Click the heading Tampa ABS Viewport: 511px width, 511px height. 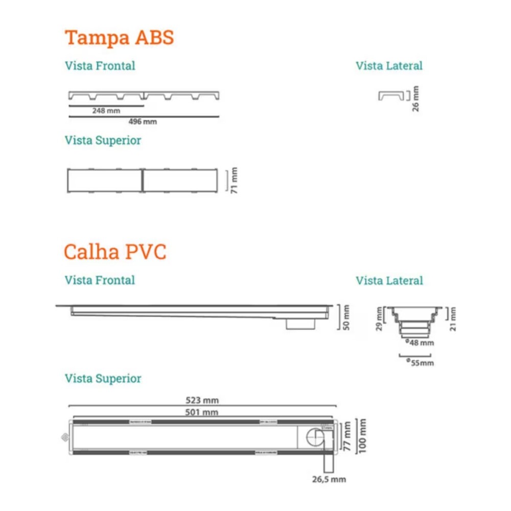pyautogui.click(x=119, y=38)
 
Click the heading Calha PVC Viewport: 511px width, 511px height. pyautogui.click(x=115, y=252)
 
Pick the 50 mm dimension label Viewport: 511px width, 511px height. pyautogui.click(x=347, y=317)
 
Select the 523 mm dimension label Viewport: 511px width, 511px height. pyautogui.click(x=202, y=401)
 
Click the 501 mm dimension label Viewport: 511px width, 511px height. pyautogui.click(x=202, y=412)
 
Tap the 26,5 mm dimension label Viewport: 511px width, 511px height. pyautogui.click(x=329, y=479)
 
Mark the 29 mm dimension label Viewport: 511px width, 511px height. pyautogui.click(x=379, y=319)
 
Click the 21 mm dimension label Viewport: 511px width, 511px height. pyautogui.click(x=453, y=319)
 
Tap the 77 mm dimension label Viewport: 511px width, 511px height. pyautogui.click(x=347, y=435)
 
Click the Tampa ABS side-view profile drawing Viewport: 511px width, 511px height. pyautogui.click(x=391, y=96)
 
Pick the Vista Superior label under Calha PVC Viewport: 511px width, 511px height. pyautogui.click(x=103, y=379)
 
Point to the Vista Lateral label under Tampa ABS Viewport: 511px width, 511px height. pyautogui.click(x=389, y=66)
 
